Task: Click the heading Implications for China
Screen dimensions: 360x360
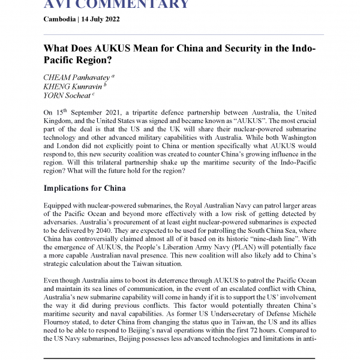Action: pos(92,188)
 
